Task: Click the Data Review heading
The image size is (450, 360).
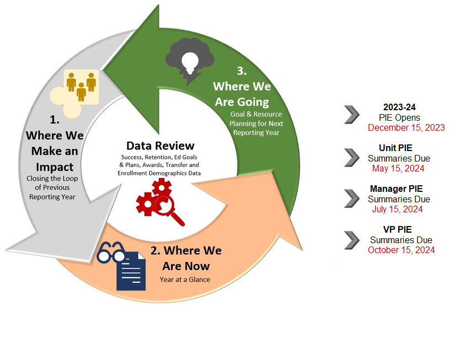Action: pos(160,146)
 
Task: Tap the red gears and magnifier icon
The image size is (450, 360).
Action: pos(160,202)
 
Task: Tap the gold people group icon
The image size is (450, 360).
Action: pos(82,86)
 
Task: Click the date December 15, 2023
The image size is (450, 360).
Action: pos(406,128)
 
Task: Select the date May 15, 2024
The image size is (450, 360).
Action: pos(399,169)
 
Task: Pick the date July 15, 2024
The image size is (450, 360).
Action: pos(399,209)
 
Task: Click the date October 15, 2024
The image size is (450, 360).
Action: pos(401,250)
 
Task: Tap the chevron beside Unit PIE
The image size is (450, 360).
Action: pos(351,157)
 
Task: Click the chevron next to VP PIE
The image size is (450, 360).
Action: pos(351,239)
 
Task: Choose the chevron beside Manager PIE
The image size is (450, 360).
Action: pos(351,198)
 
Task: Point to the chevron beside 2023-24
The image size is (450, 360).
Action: pos(351,115)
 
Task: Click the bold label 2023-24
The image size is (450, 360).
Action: pos(399,107)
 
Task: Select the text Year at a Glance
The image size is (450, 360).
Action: pos(185,280)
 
